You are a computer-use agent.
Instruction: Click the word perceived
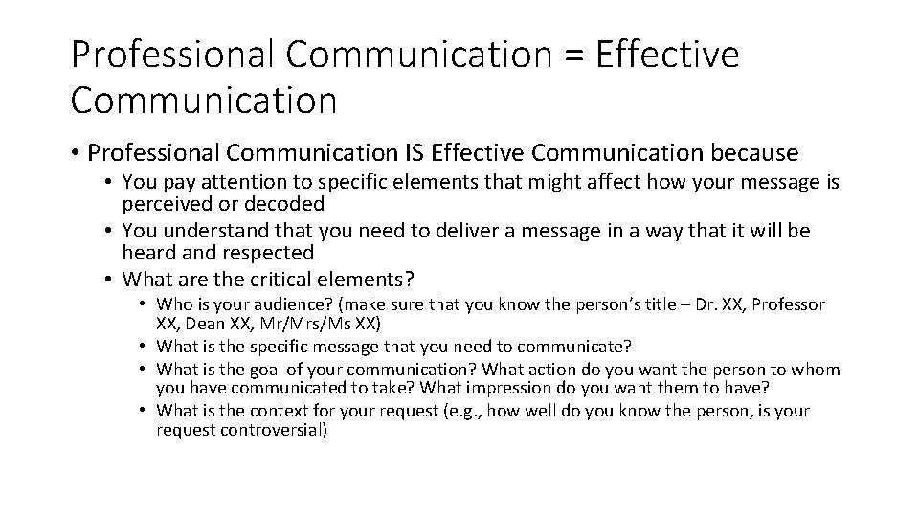click(168, 204)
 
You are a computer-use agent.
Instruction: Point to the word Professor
click(788, 304)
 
